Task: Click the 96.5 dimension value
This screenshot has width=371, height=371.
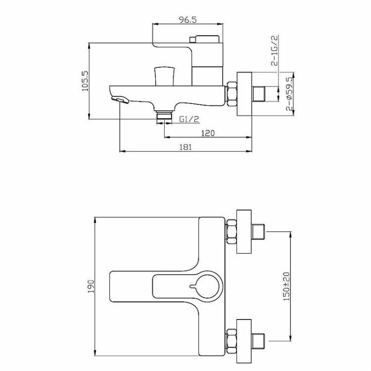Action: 187,20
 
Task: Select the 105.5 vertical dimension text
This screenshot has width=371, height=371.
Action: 85,81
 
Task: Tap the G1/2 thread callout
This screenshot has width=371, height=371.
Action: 189,119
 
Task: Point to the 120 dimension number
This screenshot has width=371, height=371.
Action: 208,133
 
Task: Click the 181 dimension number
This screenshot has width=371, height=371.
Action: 185,147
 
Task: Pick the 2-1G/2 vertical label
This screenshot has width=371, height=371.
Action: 274,50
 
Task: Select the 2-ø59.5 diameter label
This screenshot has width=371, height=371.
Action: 289,94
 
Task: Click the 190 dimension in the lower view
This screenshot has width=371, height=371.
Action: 91,286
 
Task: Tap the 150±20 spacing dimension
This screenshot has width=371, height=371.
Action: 286,286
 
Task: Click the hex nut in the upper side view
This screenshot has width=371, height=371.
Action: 232,94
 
